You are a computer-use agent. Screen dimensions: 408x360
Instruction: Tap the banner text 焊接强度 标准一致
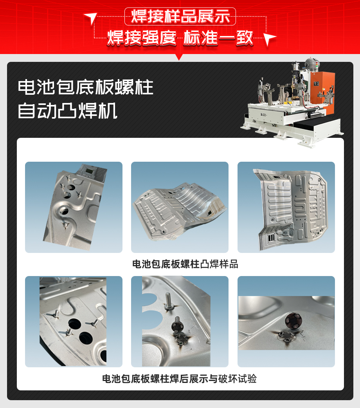click(x=180, y=38)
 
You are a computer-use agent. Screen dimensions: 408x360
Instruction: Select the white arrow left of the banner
click(x=91, y=18)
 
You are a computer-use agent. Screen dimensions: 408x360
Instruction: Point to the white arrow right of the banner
click(x=269, y=39)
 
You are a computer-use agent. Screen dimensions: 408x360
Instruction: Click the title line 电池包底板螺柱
click(x=85, y=87)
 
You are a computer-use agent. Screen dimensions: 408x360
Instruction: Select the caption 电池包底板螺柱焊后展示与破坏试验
click(x=180, y=379)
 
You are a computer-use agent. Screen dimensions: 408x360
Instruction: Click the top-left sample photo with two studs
click(x=74, y=207)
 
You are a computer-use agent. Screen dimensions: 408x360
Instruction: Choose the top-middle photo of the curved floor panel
click(x=180, y=207)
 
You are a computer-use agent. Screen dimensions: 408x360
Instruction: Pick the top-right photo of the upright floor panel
click(x=286, y=207)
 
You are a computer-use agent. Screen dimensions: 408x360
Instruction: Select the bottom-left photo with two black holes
click(x=74, y=321)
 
